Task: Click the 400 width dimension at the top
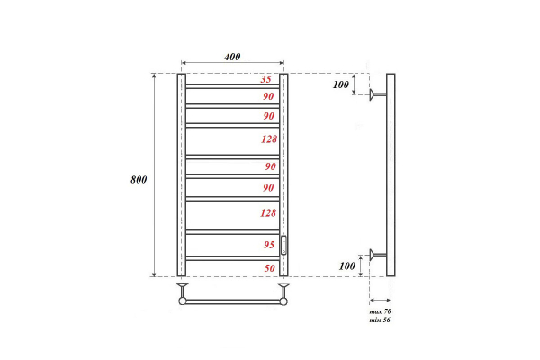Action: tap(232, 58)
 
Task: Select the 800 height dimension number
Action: tap(138, 179)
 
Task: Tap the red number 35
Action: tap(266, 79)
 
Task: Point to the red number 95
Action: tap(267, 245)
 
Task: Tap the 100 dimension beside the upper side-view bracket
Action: tap(339, 85)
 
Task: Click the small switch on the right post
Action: tap(283, 244)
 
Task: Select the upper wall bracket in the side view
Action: tap(378, 94)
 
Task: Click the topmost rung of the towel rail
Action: tap(232, 86)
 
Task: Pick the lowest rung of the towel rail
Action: tap(232, 259)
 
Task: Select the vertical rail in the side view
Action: tap(390, 175)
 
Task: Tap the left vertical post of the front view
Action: tap(182, 175)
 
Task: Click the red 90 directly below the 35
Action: tap(267, 96)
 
